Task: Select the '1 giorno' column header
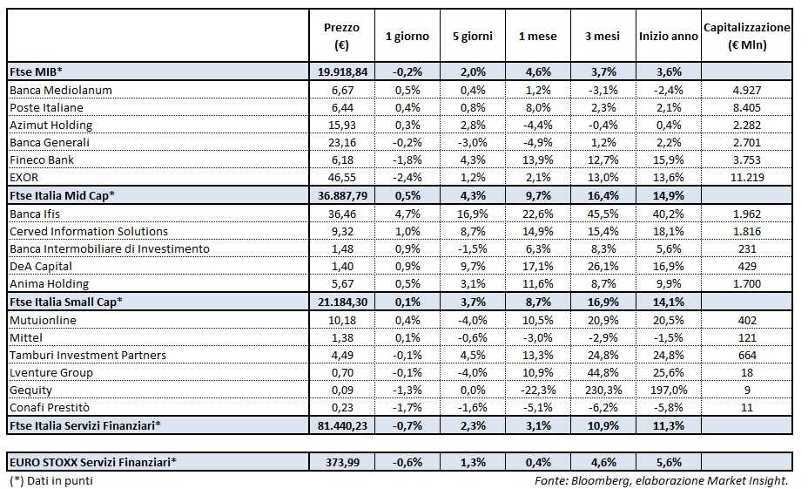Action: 407,36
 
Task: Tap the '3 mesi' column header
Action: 603,36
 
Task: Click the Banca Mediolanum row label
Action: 60,89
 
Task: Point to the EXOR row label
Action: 25,176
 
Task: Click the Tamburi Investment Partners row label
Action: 87,355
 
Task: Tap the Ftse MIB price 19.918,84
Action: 341,71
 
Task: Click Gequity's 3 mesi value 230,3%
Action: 603,390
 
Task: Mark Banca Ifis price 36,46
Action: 341,213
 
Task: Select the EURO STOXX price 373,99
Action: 341,462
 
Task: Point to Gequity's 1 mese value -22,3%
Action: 537,390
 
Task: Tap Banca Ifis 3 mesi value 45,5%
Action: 603,213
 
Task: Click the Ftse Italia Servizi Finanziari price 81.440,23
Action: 341,424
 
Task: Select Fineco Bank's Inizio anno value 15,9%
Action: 668,160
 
